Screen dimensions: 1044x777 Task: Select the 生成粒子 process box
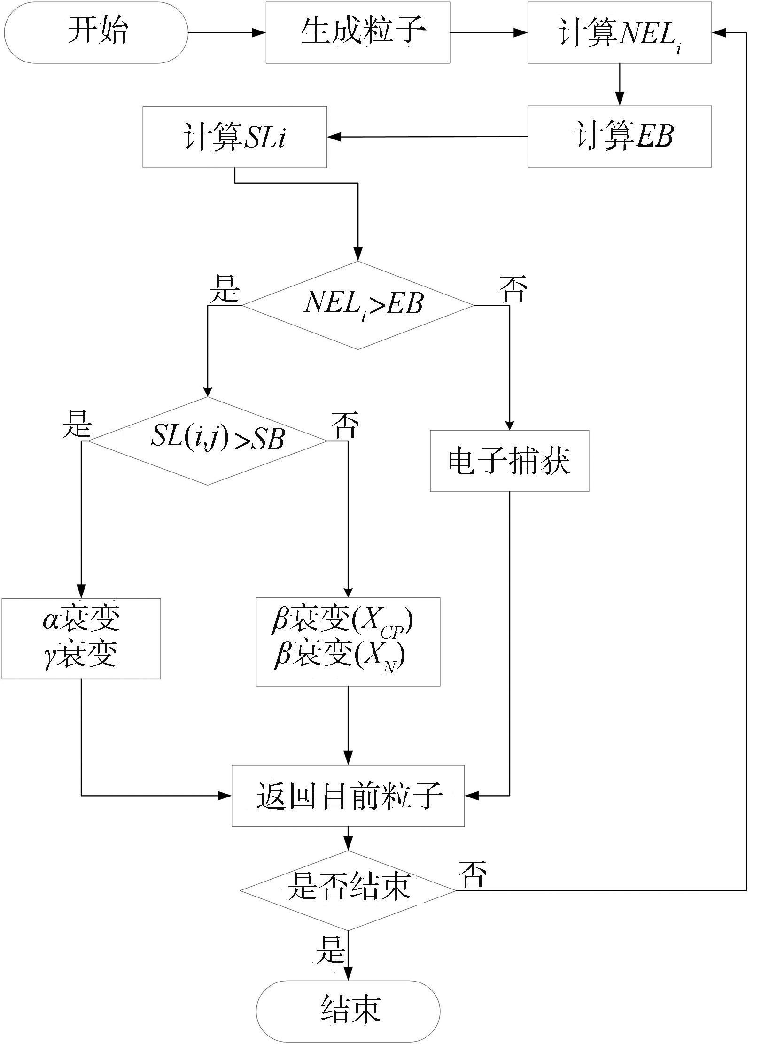[358, 32]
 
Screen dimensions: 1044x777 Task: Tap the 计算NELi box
[619, 32]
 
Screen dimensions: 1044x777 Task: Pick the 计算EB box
[619, 136]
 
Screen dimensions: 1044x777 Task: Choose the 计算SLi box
[235, 137]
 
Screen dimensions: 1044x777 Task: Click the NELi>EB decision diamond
[358, 305]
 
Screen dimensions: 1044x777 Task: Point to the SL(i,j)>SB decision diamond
[208, 441]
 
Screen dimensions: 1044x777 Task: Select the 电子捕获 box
[509, 461]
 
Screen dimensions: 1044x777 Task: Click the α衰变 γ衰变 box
[81, 638]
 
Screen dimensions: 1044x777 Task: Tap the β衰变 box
[348, 642]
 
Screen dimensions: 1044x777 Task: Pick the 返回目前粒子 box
[348, 796]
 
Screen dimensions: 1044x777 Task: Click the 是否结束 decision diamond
[348, 890]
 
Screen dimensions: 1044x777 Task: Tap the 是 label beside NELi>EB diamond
[225, 288]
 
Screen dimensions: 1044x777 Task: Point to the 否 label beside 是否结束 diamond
[472, 874]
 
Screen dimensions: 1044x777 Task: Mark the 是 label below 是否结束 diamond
[331, 949]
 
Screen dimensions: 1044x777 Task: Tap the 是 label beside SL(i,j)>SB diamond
[77, 424]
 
